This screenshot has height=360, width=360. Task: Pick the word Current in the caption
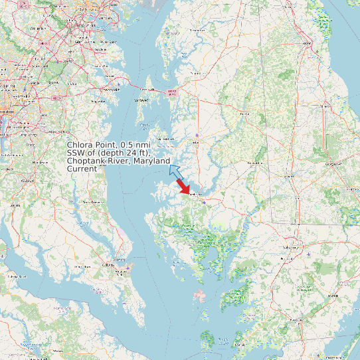pos(82,169)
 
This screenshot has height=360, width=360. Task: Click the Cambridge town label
pos(195,195)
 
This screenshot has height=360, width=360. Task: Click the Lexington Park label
pos(114,264)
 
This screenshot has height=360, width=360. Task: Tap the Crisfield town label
pos(240,345)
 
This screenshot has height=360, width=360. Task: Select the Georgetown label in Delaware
pos(329,161)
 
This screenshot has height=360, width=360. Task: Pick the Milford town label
pos(325,106)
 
